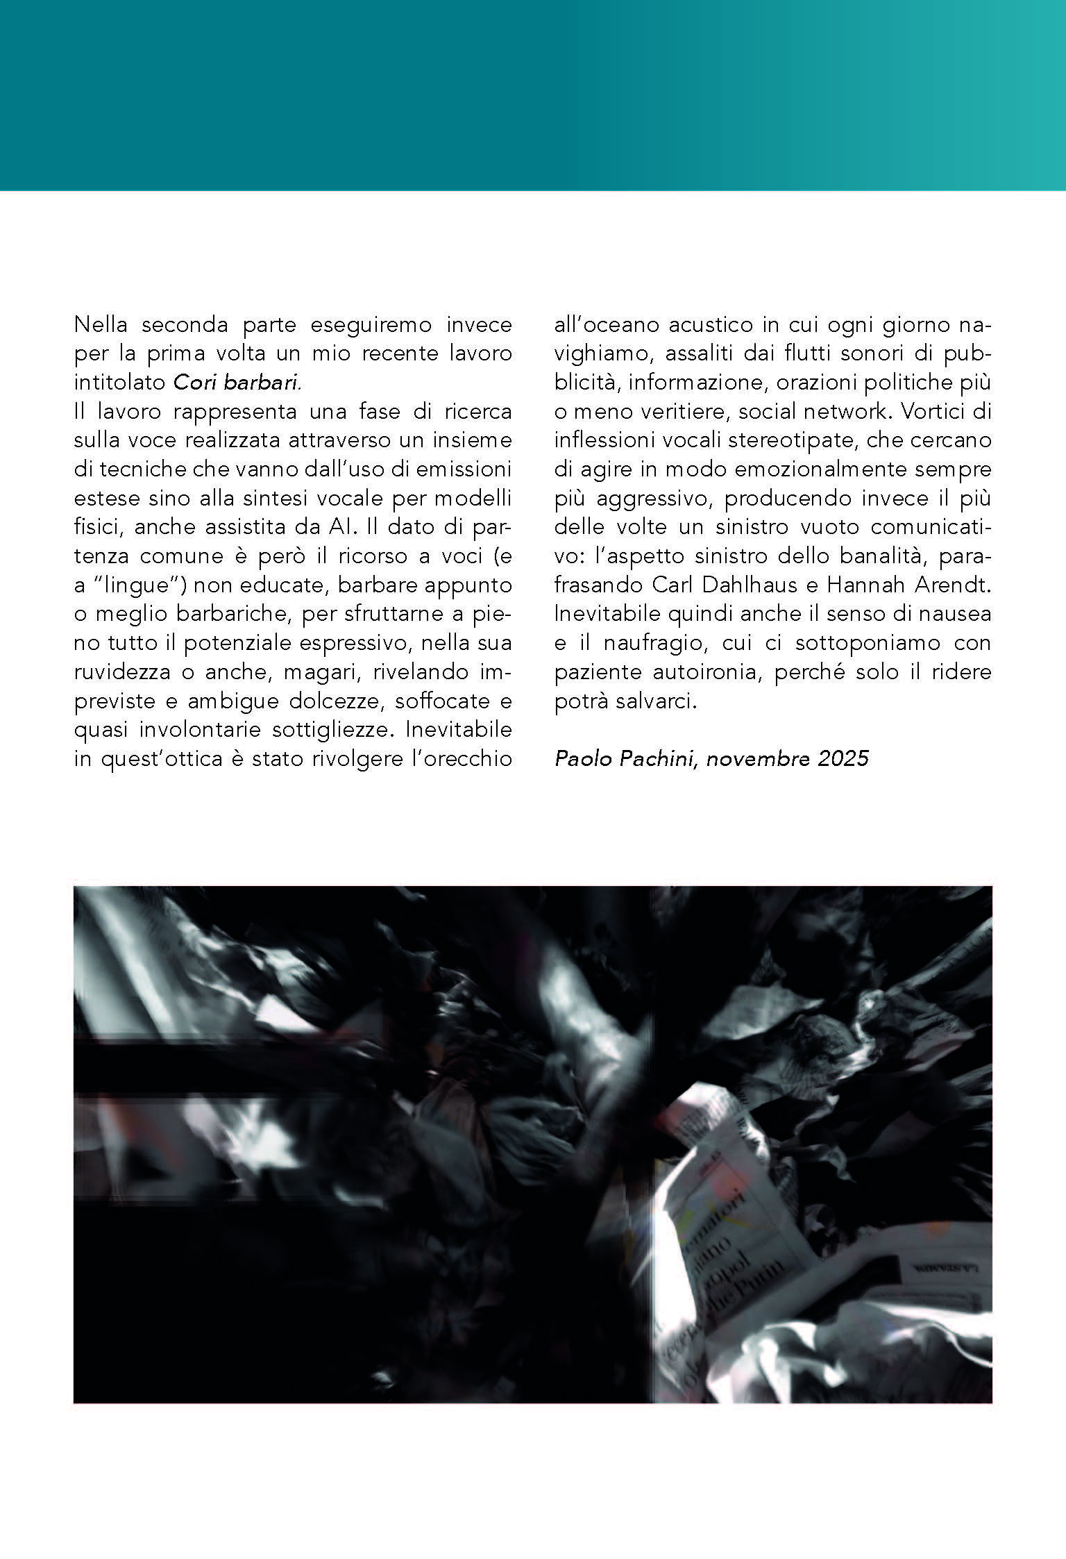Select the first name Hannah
tap(863, 585)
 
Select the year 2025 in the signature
tap(843, 758)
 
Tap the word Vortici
tap(934, 412)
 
